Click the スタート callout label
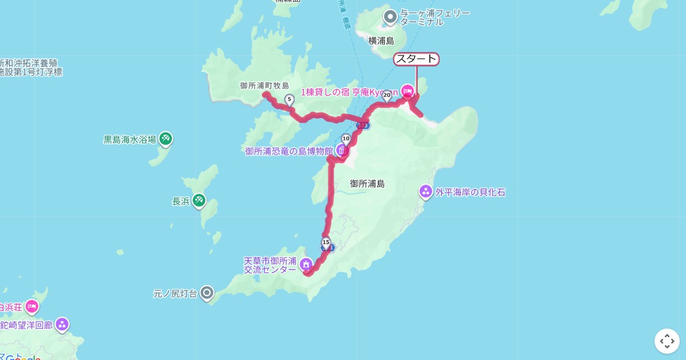(x=416, y=59)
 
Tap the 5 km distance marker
(x=289, y=100)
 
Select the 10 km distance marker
(x=346, y=138)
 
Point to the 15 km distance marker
(x=326, y=242)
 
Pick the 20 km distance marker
(x=386, y=95)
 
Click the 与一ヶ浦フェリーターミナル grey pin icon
(x=390, y=17)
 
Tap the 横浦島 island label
(x=381, y=41)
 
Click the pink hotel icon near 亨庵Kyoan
(x=408, y=90)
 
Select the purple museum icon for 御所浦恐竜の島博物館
(x=342, y=151)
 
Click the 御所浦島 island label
(x=367, y=183)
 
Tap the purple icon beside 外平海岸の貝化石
(x=426, y=191)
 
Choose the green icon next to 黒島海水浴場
(x=166, y=138)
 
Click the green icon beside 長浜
(x=198, y=201)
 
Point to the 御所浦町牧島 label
(x=264, y=86)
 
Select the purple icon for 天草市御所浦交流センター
(x=306, y=265)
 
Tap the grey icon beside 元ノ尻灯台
(x=207, y=294)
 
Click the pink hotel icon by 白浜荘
(x=31, y=307)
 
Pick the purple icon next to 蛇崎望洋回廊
(x=62, y=325)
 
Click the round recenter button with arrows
(x=667, y=341)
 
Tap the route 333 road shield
(x=362, y=125)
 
